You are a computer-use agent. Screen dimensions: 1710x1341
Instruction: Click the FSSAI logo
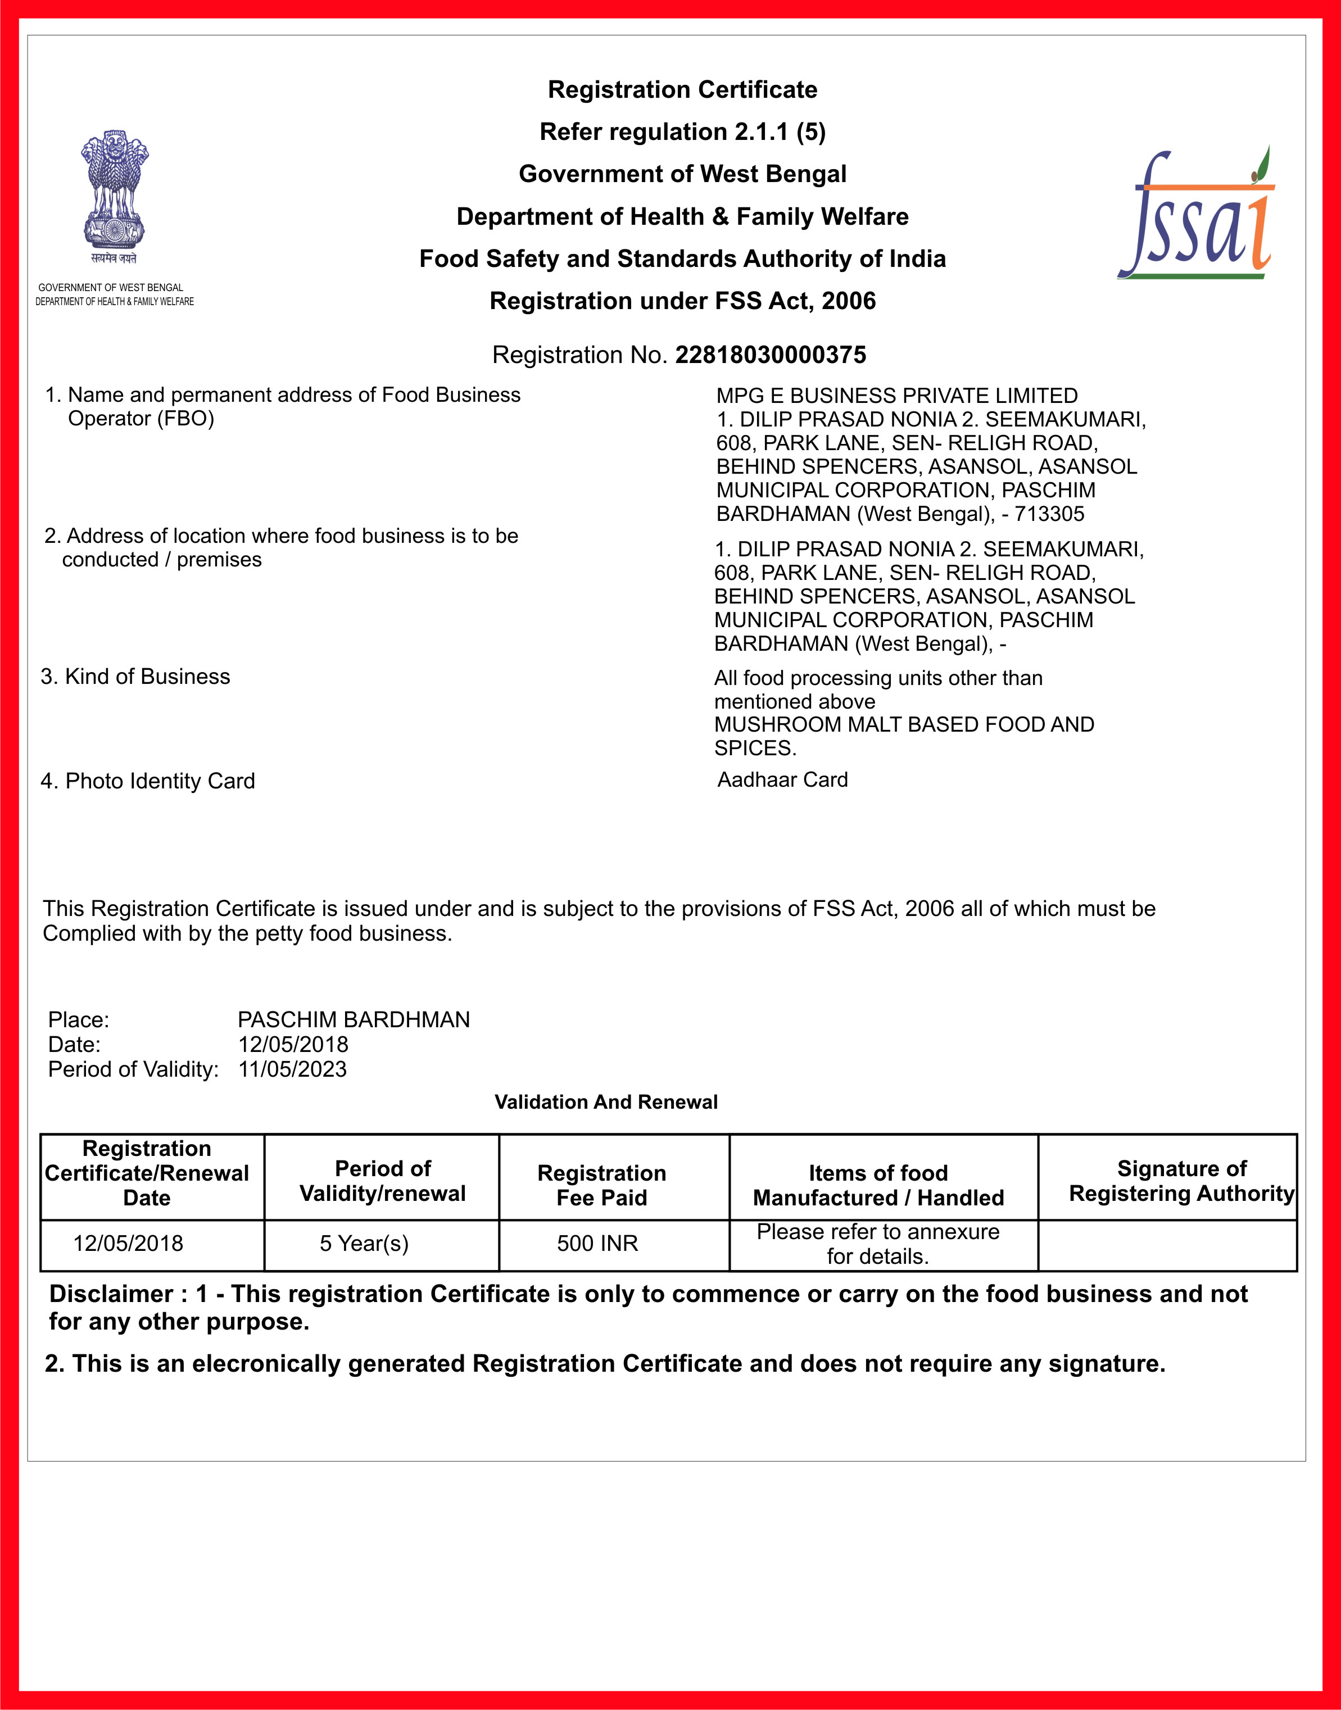pyautogui.click(x=1196, y=214)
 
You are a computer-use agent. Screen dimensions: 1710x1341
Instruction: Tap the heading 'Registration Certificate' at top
pyautogui.click(x=682, y=89)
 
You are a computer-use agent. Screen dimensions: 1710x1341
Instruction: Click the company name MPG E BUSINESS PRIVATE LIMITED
pyautogui.click(x=896, y=396)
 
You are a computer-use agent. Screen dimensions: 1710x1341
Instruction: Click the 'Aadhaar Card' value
pyautogui.click(x=783, y=779)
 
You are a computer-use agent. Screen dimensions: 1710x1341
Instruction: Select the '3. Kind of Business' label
pyautogui.click(x=136, y=677)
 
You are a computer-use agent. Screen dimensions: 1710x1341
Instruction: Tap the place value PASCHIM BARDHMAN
pyautogui.click(x=354, y=1020)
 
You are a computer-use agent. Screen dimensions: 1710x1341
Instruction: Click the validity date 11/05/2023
pyautogui.click(x=292, y=1069)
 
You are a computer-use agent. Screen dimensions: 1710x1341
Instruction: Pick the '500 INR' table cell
pyautogui.click(x=597, y=1244)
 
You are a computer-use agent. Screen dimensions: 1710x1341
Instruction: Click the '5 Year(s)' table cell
pyautogui.click(x=364, y=1244)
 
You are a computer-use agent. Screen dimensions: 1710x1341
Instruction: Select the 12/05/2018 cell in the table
pyautogui.click(x=128, y=1244)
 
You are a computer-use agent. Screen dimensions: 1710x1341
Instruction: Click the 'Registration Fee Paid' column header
pyautogui.click(x=601, y=1186)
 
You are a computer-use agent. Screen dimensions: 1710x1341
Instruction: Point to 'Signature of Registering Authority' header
pyautogui.click(x=1181, y=1182)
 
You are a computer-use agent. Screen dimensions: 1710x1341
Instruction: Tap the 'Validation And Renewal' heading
pyautogui.click(x=606, y=1103)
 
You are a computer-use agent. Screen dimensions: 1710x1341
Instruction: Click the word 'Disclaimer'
pyautogui.click(x=111, y=1294)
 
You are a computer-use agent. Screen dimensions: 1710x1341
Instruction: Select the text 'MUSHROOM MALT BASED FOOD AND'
pyautogui.click(x=904, y=725)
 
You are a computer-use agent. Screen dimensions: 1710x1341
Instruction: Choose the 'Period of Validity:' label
pyautogui.click(x=133, y=1069)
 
